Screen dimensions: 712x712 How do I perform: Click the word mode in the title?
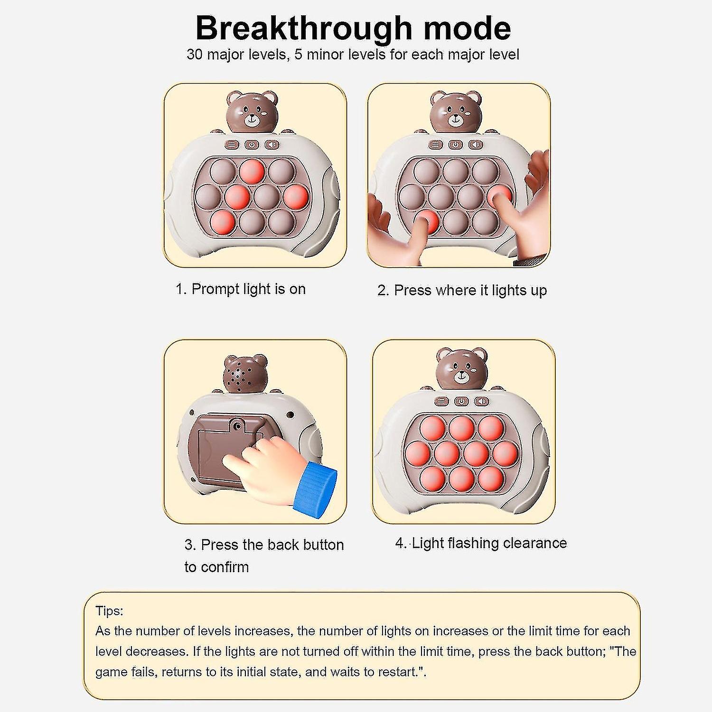pos(468,28)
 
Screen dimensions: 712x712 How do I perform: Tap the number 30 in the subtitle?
pos(195,54)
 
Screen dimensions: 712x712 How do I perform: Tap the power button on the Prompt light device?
pos(252,144)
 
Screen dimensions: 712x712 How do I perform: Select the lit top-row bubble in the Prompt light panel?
pos(251,172)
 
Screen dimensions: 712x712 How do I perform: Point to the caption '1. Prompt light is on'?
pos(241,289)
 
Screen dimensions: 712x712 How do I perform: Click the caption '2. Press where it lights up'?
pos(462,290)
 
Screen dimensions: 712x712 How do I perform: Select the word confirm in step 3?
pos(223,567)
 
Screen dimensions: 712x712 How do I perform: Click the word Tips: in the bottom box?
pos(109,611)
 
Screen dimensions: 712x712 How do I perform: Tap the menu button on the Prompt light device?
pos(232,144)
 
